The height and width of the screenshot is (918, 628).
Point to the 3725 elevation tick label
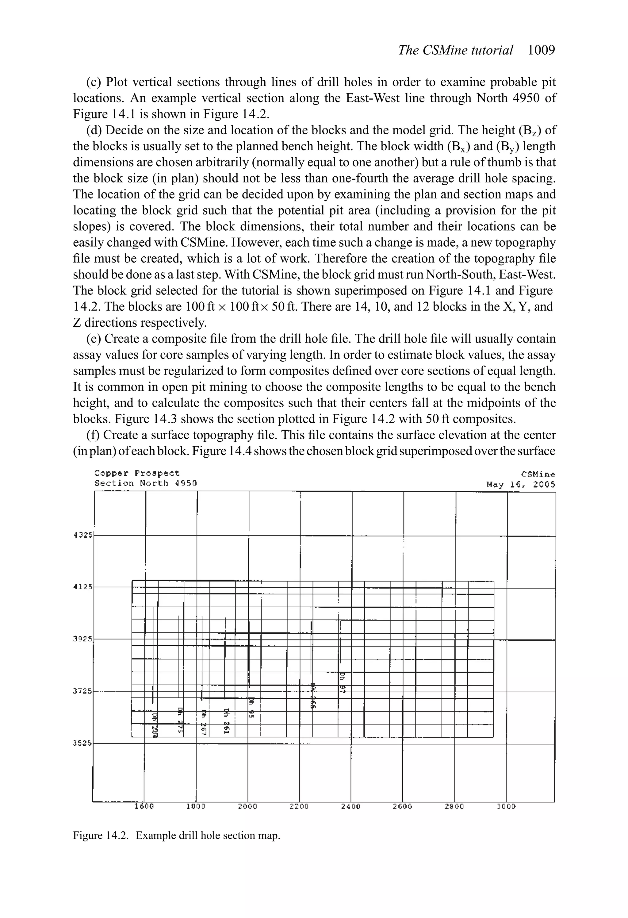pos(82,691)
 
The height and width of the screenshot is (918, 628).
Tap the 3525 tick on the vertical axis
pos(82,743)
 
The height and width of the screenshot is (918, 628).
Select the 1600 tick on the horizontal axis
pos(144,806)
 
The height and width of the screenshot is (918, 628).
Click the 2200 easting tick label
pos(299,806)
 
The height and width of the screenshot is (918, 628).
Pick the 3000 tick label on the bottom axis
pos(506,806)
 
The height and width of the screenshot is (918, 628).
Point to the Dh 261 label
pos(227,721)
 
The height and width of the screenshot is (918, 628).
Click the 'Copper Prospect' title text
pos(137,473)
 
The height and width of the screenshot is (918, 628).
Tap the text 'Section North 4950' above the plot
pos(145,483)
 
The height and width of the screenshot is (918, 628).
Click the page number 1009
pos(541,50)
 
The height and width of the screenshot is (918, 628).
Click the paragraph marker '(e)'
pos(93,339)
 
